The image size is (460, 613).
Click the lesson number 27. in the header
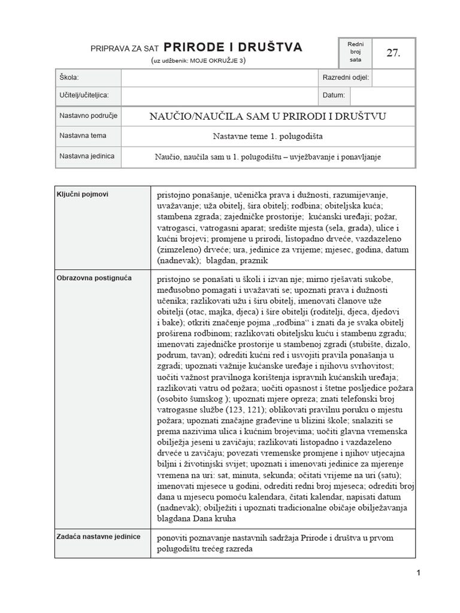393,53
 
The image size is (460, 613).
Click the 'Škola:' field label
69,78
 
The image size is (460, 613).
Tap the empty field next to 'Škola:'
218,78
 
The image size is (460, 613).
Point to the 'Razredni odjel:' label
346,78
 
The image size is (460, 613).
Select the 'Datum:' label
334,95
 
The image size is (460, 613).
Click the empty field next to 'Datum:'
382,95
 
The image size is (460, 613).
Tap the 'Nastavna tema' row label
83,136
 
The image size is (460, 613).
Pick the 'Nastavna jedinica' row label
87,156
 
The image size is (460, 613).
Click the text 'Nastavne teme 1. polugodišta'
268,136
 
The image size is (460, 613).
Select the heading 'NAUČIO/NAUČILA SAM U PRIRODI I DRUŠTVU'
268,116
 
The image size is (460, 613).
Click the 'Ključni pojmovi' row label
83,194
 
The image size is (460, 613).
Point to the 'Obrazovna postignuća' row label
94,278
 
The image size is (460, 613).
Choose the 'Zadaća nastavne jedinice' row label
99,536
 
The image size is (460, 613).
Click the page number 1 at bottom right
419,573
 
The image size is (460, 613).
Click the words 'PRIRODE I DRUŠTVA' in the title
233,47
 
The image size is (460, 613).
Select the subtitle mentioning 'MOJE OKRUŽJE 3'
198,60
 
